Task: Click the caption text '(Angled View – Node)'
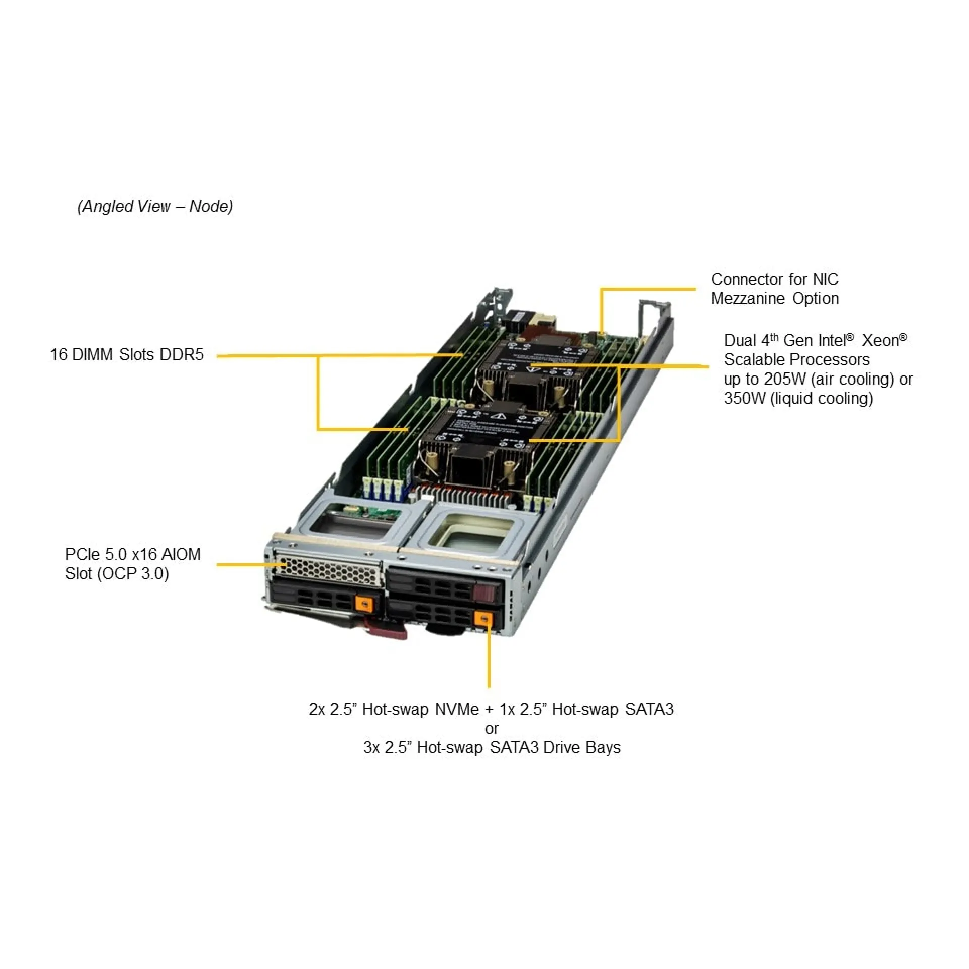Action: pos(155,206)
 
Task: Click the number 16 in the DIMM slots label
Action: pos(59,355)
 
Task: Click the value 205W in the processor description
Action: pos(785,379)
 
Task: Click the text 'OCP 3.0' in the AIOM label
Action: pos(133,574)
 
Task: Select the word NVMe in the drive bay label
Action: pos(457,709)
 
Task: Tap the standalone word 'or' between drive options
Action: pos(491,728)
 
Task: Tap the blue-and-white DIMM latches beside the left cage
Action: pos(383,489)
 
